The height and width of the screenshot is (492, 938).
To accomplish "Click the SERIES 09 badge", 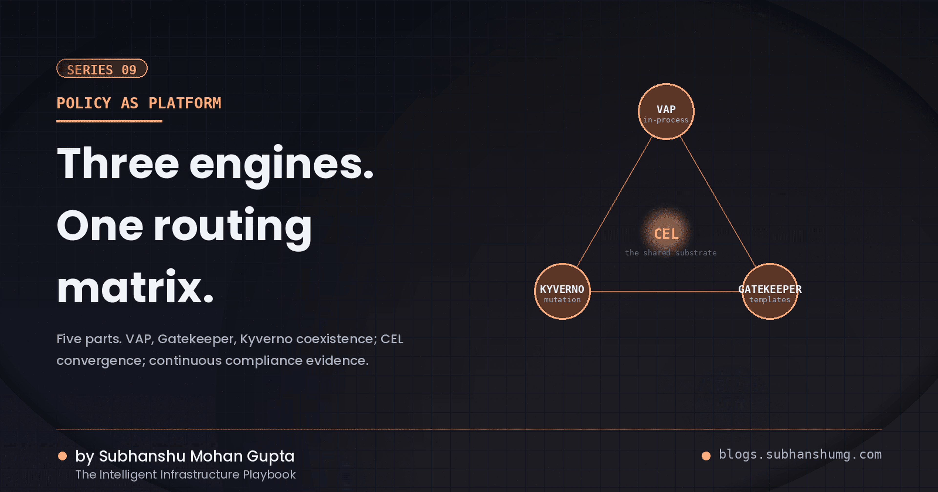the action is tap(102, 68).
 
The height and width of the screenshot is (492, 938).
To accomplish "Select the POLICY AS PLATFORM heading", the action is tap(139, 103).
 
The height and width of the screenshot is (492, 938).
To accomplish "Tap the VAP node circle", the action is tap(666, 111).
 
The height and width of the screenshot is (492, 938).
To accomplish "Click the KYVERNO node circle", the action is tap(562, 291).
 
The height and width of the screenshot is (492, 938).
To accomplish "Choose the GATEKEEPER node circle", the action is tap(770, 291).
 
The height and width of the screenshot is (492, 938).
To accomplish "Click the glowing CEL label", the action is tap(666, 234).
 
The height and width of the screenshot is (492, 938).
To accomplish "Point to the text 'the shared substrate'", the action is tap(671, 253).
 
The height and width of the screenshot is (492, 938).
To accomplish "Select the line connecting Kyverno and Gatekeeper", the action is tap(666, 291).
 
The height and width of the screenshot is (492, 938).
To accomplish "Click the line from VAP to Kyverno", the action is tap(614, 201).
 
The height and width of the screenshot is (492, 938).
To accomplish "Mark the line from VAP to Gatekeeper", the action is tap(718, 201).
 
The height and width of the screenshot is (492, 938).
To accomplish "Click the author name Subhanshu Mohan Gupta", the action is tap(197, 456).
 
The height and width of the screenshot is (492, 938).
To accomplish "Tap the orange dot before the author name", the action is tap(62, 456).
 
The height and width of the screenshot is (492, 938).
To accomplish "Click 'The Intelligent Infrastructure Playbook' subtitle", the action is tap(185, 474).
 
